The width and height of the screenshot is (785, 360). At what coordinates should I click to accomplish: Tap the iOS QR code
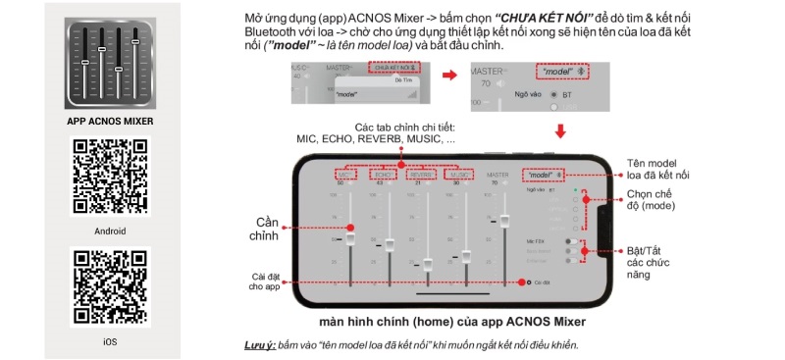click(x=110, y=287)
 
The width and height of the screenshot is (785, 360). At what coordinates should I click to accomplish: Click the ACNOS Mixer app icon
click(x=110, y=62)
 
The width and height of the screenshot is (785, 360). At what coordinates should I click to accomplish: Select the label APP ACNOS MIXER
click(x=110, y=122)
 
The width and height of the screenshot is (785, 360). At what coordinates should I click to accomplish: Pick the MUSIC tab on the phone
click(x=457, y=175)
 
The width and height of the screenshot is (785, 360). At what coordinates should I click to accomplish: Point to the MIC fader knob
click(x=350, y=237)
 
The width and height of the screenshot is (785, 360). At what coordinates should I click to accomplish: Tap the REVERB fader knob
click(x=427, y=262)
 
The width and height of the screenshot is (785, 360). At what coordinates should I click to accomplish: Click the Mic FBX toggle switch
click(x=569, y=239)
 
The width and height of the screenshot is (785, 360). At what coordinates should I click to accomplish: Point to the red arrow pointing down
click(x=561, y=131)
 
